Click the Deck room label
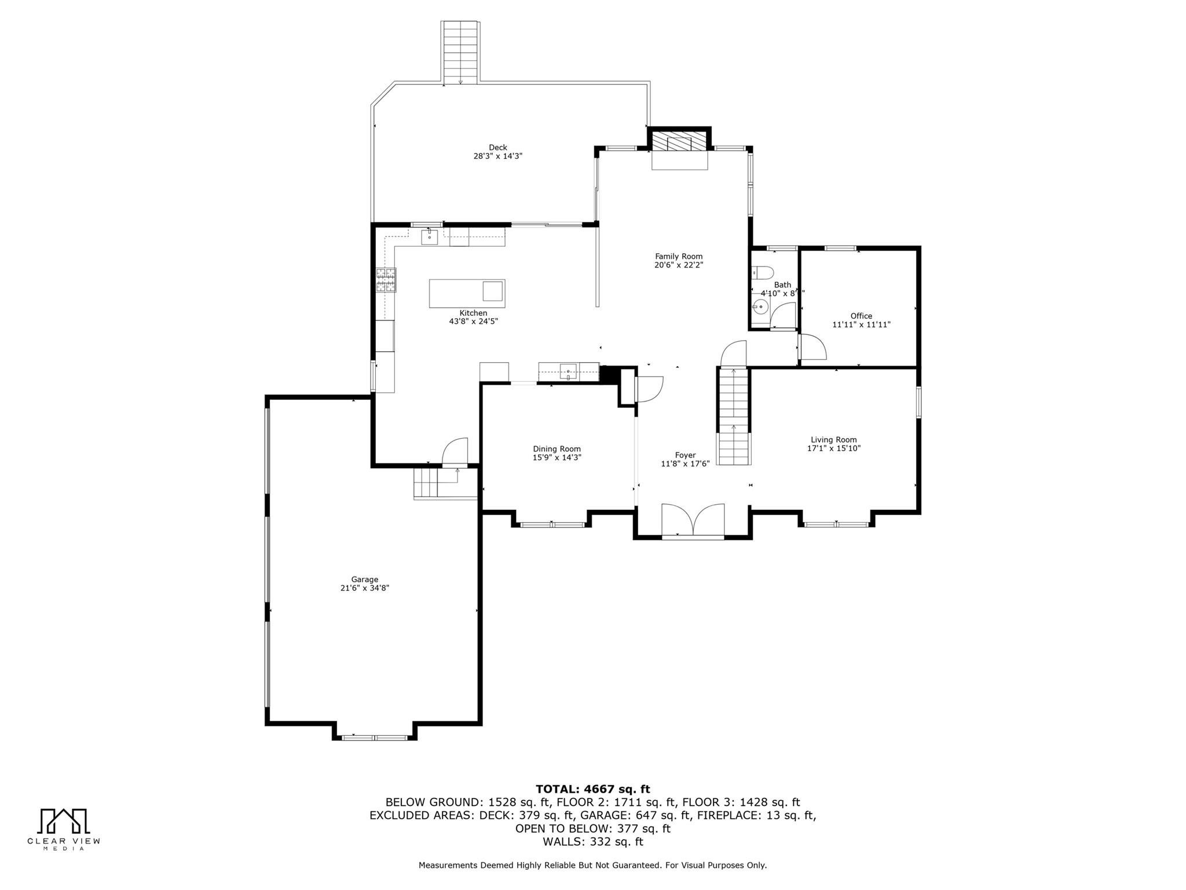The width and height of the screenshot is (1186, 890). (497, 147)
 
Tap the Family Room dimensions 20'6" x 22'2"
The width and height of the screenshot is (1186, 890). (679, 265)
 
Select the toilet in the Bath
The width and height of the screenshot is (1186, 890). (763, 272)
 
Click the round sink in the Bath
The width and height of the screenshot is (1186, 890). (760, 307)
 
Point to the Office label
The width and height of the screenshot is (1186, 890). (861, 316)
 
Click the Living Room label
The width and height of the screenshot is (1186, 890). (833, 440)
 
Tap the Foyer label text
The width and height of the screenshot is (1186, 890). (685, 455)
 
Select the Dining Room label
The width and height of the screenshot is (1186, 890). (557, 449)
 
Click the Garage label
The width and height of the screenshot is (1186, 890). (364, 579)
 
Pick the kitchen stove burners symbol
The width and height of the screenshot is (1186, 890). (386, 280)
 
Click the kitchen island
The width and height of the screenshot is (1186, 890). (467, 293)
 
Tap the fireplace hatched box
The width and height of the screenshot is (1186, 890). (679, 141)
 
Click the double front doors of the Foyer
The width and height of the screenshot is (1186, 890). (693, 520)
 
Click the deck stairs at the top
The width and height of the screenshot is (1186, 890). (460, 52)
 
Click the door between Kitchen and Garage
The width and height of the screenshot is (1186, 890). (455, 452)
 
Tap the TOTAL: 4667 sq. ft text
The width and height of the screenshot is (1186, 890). (592, 789)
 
